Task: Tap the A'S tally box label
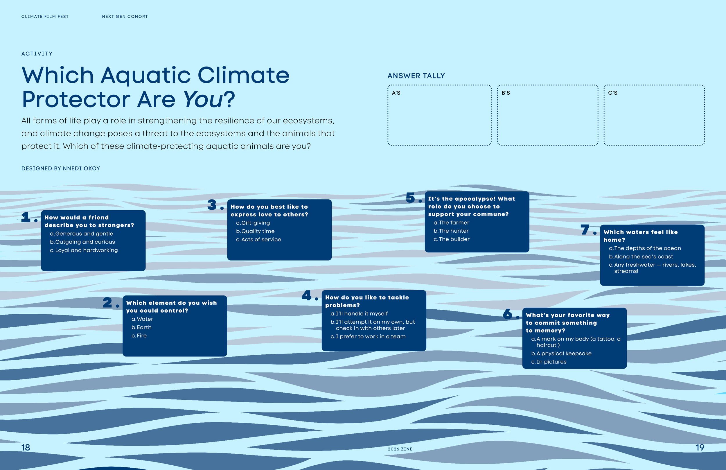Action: click(396, 93)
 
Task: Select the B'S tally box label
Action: click(506, 93)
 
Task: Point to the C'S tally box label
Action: click(612, 93)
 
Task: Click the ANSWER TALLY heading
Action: click(416, 76)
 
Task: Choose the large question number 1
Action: click(26, 217)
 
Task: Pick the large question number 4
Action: click(307, 295)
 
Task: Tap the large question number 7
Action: click(585, 229)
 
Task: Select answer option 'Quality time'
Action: click(255, 231)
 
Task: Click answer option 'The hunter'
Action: click(451, 231)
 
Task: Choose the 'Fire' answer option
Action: click(139, 336)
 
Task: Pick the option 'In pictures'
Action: click(549, 362)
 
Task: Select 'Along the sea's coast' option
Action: click(641, 257)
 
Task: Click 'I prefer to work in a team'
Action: click(368, 337)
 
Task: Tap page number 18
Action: click(26, 448)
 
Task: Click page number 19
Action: click(700, 448)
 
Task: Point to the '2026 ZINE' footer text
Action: click(400, 449)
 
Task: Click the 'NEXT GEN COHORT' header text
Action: click(125, 17)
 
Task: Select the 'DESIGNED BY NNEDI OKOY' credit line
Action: click(61, 168)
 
